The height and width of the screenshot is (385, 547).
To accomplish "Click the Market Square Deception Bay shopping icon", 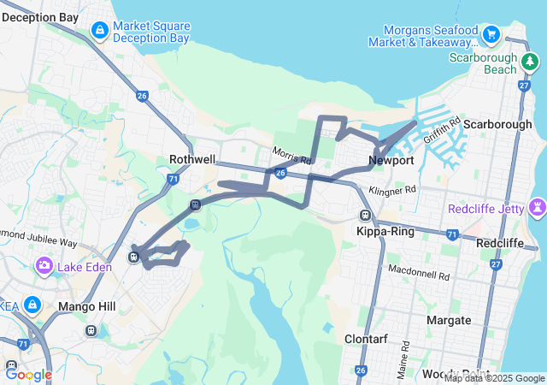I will tap(100, 32).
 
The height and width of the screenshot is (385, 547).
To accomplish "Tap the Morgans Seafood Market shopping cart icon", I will tap(491, 35).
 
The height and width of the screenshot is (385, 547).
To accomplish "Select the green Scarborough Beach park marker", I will tap(531, 62).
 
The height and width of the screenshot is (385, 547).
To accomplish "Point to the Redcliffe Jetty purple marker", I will tap(538, 208).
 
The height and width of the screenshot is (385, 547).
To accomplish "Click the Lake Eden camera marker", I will tap(44, 267).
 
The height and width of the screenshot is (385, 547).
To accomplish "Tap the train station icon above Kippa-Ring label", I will tap(365, 216).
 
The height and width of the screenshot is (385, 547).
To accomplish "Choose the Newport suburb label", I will tap(391, 160).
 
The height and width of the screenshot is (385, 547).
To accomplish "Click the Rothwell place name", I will tap(192, 159).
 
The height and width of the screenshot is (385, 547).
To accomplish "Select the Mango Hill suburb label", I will tap(80, 306).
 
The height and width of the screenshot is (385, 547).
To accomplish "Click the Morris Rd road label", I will tap(291, 157).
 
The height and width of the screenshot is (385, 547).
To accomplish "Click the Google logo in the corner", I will tap(28, 374).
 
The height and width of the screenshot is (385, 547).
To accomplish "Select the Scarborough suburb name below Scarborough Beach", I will tap(497, 124).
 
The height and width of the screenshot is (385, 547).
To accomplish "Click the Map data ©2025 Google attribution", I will tap(494, 378).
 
